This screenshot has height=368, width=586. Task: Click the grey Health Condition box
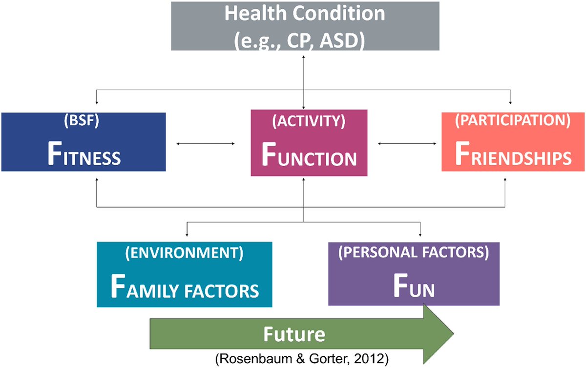point(305,25)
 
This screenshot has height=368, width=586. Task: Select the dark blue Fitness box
point(83,142)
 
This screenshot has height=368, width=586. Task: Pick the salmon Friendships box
point(513,142)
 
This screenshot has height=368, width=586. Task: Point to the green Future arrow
point(303,335)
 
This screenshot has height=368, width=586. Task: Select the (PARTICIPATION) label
point(513,122)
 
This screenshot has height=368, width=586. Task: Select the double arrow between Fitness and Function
point(205,143)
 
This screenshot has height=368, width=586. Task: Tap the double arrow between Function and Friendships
point(407,143)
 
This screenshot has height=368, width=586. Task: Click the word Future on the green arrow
point(294,334)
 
